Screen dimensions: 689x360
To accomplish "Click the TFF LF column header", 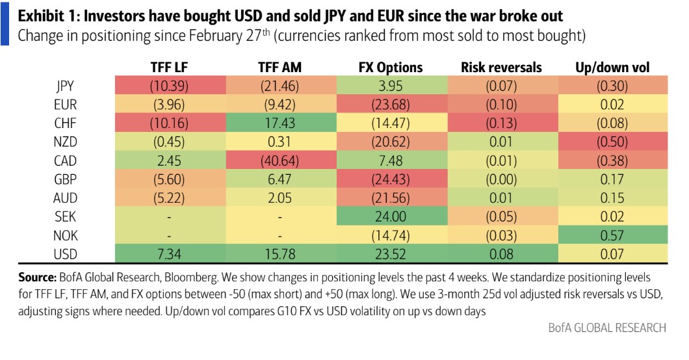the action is pyautogui.click(x=169, y=67).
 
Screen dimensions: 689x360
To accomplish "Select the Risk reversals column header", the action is pyautogui.click(x=501, y=67).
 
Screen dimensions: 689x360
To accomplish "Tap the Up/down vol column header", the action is pyautogui.click(x=612, y=67).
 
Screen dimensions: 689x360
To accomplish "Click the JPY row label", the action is pyautogui.click(x=65, y=86).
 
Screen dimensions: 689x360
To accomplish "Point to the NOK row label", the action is pyautogui.click(x=65, y=236).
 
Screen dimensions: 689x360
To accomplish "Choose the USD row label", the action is pyautogui.click(x=65, y=254).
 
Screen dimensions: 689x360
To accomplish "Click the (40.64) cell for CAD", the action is pyautogui.click(x=280, y=161).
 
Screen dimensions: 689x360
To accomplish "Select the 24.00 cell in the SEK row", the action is pyautogui.click(x=391, y=217).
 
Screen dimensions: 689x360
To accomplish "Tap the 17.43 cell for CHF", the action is pyautogui.click(x=280, y=123).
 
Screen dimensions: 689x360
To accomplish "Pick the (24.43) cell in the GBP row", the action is pyautogui.click(x=391, y=179).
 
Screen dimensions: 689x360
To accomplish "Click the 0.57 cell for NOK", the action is pyautogui.click(x=612, y=236).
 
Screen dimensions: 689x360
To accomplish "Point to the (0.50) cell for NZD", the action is pyautogui.click(x=612, y=142).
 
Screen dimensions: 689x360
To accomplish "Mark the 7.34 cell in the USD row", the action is pyautogui.click(x=169, y=254).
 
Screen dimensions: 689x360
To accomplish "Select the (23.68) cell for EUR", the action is pyautogui.click(x=391, y=105).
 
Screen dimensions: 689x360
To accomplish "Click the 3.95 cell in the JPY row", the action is pyautogui.click(x=391, y=86).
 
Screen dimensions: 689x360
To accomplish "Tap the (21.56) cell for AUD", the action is pyautogui.click(x=391, y=198).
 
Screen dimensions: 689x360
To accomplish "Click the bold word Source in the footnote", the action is pyautogui.click(x=37, y=277).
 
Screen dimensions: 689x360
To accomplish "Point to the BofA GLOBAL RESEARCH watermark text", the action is pyautogui.click(x=607, y=328).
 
